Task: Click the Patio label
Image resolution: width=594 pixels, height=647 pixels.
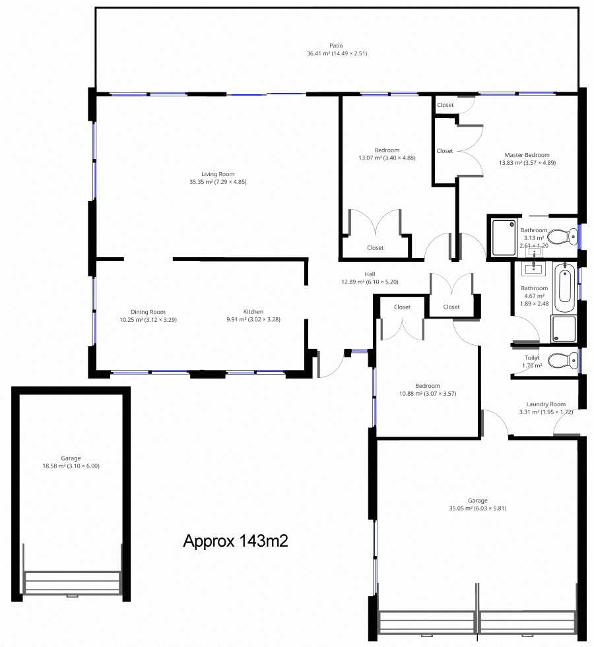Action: [336, 46]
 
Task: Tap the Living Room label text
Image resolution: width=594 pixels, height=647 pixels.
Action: [218, 174]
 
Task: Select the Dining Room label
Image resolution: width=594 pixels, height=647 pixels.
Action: [148, 312]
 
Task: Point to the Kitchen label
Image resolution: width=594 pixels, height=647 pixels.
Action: [253, 311]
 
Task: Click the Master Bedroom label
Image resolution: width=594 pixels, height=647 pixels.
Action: [527, 155]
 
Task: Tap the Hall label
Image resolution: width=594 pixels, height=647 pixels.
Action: [370, 274]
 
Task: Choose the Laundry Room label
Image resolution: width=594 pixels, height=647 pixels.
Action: [546, 404]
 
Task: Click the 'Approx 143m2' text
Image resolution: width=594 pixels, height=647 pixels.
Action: [235, 541]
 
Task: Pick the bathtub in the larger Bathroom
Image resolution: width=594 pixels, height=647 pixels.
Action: [565, 287]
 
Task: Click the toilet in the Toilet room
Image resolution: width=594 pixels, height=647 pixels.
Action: [562, 360]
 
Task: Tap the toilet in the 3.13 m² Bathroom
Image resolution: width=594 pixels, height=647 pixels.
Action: [562, 236]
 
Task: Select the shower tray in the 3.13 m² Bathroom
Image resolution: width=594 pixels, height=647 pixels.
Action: [504, 237]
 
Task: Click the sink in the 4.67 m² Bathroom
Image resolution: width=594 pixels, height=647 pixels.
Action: [534, 268]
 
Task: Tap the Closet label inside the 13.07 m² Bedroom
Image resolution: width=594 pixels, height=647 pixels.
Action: [376, 247]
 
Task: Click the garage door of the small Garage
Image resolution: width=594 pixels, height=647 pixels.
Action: [73, 582]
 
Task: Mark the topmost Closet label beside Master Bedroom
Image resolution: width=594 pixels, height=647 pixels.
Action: [445, 105]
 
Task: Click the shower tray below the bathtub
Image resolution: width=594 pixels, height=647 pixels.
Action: [564, 329]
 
